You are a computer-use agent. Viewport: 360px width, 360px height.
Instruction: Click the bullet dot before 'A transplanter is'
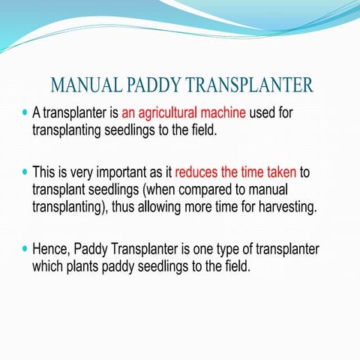[x=25, y=114]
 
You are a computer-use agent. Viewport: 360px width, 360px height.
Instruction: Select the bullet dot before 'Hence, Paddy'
[x=25, y=248]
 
